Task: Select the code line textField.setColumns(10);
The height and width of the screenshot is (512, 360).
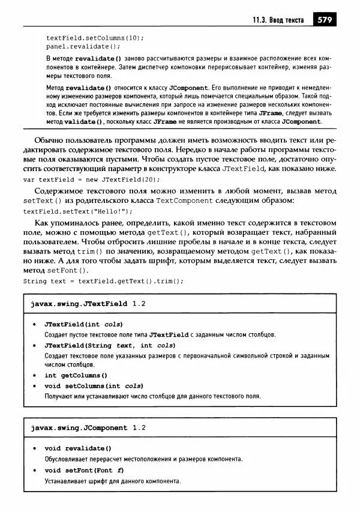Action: tap(95, 37)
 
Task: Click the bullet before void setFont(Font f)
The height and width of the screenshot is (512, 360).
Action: tap(34, 470)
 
